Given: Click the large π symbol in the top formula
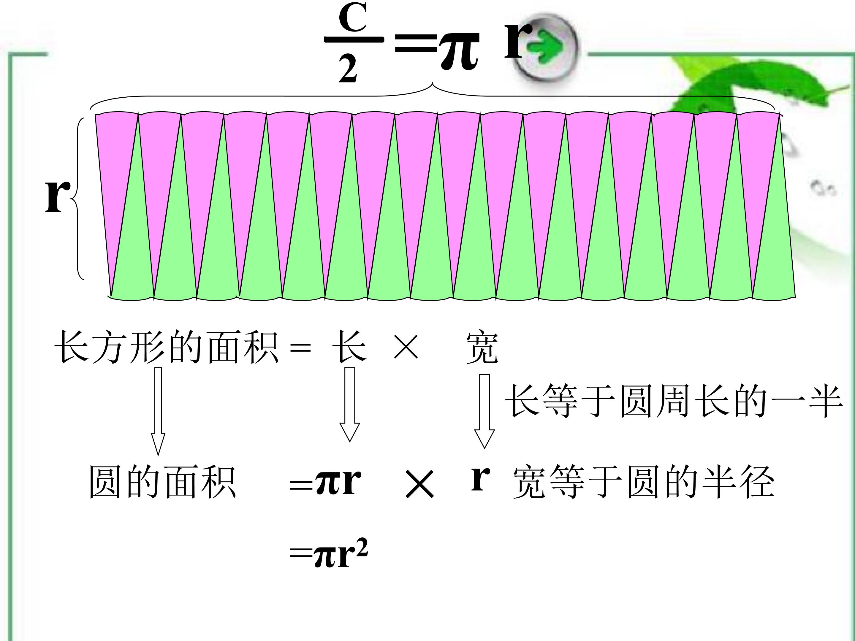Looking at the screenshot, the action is [459, 50].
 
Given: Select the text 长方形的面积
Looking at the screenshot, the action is [166, 347].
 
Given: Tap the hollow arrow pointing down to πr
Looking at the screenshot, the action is [349, 404].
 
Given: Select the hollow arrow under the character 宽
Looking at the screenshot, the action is [484, 411].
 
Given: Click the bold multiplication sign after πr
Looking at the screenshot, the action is [420, 483].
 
